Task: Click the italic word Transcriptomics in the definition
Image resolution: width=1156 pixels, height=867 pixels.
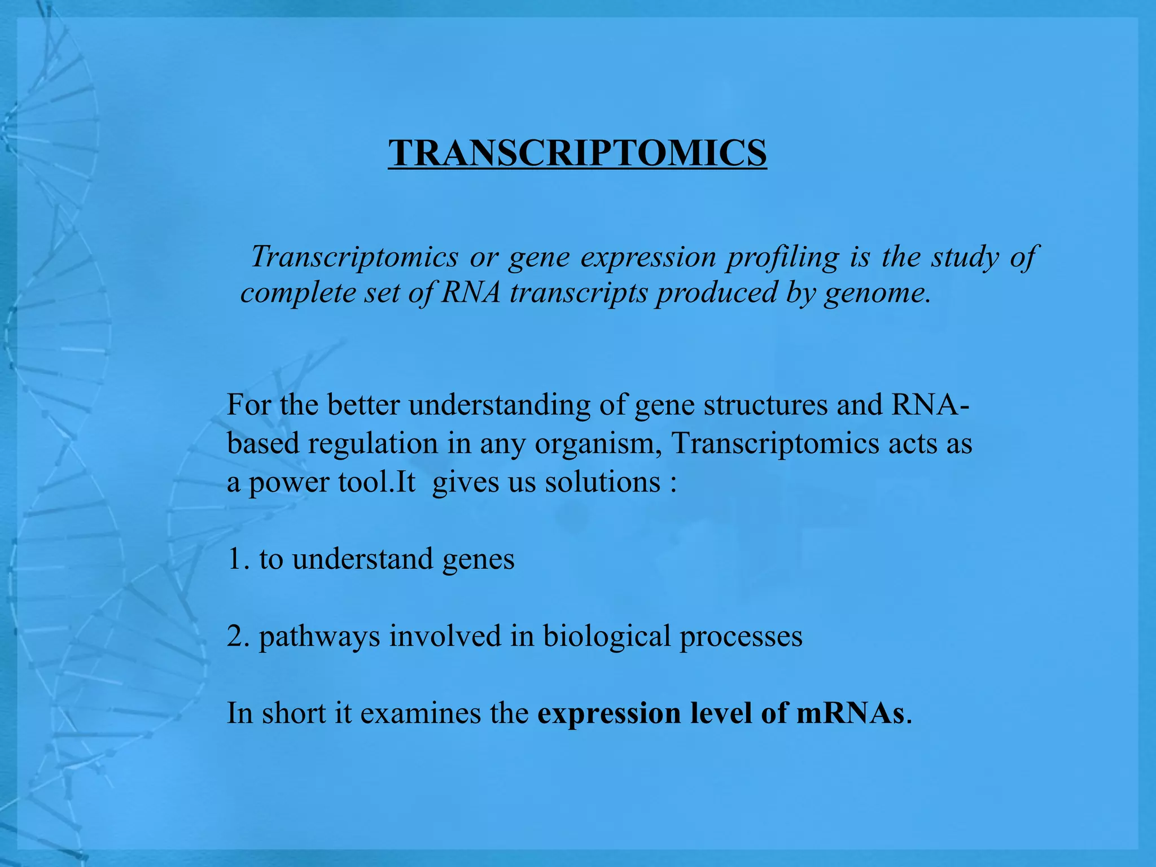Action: click(354, 257)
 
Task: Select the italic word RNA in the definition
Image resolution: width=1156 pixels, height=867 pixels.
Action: click(471, 292)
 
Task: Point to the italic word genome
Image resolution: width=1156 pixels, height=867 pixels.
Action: click(877, 292)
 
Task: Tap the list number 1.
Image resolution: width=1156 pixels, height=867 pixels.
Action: click(235, 559)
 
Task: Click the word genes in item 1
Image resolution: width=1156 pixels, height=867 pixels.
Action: click(478, 559)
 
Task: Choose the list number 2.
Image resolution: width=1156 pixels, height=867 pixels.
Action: click(235, 636)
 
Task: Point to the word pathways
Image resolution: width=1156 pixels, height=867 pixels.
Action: click(319, 636)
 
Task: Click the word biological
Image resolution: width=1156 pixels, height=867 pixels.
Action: click(607, 636)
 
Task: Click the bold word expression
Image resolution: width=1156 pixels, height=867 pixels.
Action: click(609, 713)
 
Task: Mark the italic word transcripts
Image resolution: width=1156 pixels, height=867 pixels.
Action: click(579, 292)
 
